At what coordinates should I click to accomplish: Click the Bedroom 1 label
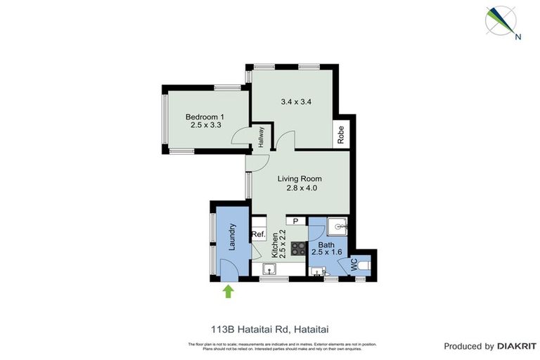pyautogui.click(x=205, y=117)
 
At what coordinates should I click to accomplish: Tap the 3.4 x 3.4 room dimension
pyautogui.click(x=296, y=101)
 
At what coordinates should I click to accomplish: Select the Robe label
pyautogui.click(x=341, y=134)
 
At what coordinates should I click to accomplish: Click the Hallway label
pyautogui.click(x=261, y=136)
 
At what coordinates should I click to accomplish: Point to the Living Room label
pyautogui.click(x=299, y=179)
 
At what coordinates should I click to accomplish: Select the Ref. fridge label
pyautogui.click(x=258, y=235)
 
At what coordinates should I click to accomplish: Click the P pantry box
pyautogui.click(x=295, y=221)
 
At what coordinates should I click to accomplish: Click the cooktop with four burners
pyautogui.click(x=299, y=248)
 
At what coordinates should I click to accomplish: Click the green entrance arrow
pyautogui.click(x=228, y=291)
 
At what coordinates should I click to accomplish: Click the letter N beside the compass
pyautogui.click(x=518, y=38)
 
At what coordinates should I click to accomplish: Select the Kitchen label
pyautogui.click(x=275, y=245)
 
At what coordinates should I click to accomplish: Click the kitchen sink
pyautogui.click(x=269, y=269)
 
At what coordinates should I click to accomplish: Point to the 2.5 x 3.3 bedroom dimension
pyautogui.click(x=205, y=126)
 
